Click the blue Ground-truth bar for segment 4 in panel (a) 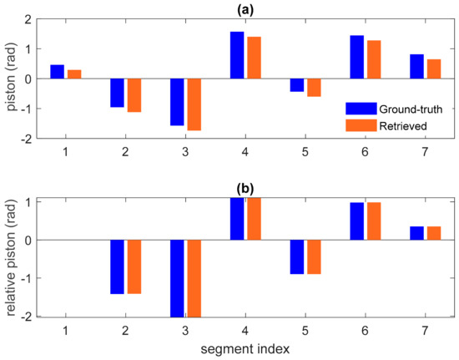pos(237,55)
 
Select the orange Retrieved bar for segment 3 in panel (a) pos(194,104)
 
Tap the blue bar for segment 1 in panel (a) pos(57,72)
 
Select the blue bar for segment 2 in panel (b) pos(117,266)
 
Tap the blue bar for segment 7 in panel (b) pos(417,233)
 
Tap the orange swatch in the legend pos(360,125)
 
